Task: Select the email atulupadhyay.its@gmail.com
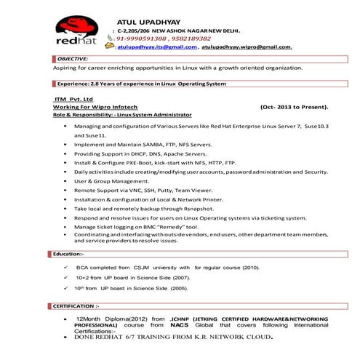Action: point(156,47)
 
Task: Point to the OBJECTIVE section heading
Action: point(73,57)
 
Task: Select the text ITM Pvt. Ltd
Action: point(73,99)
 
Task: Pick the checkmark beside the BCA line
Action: point(66,267)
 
